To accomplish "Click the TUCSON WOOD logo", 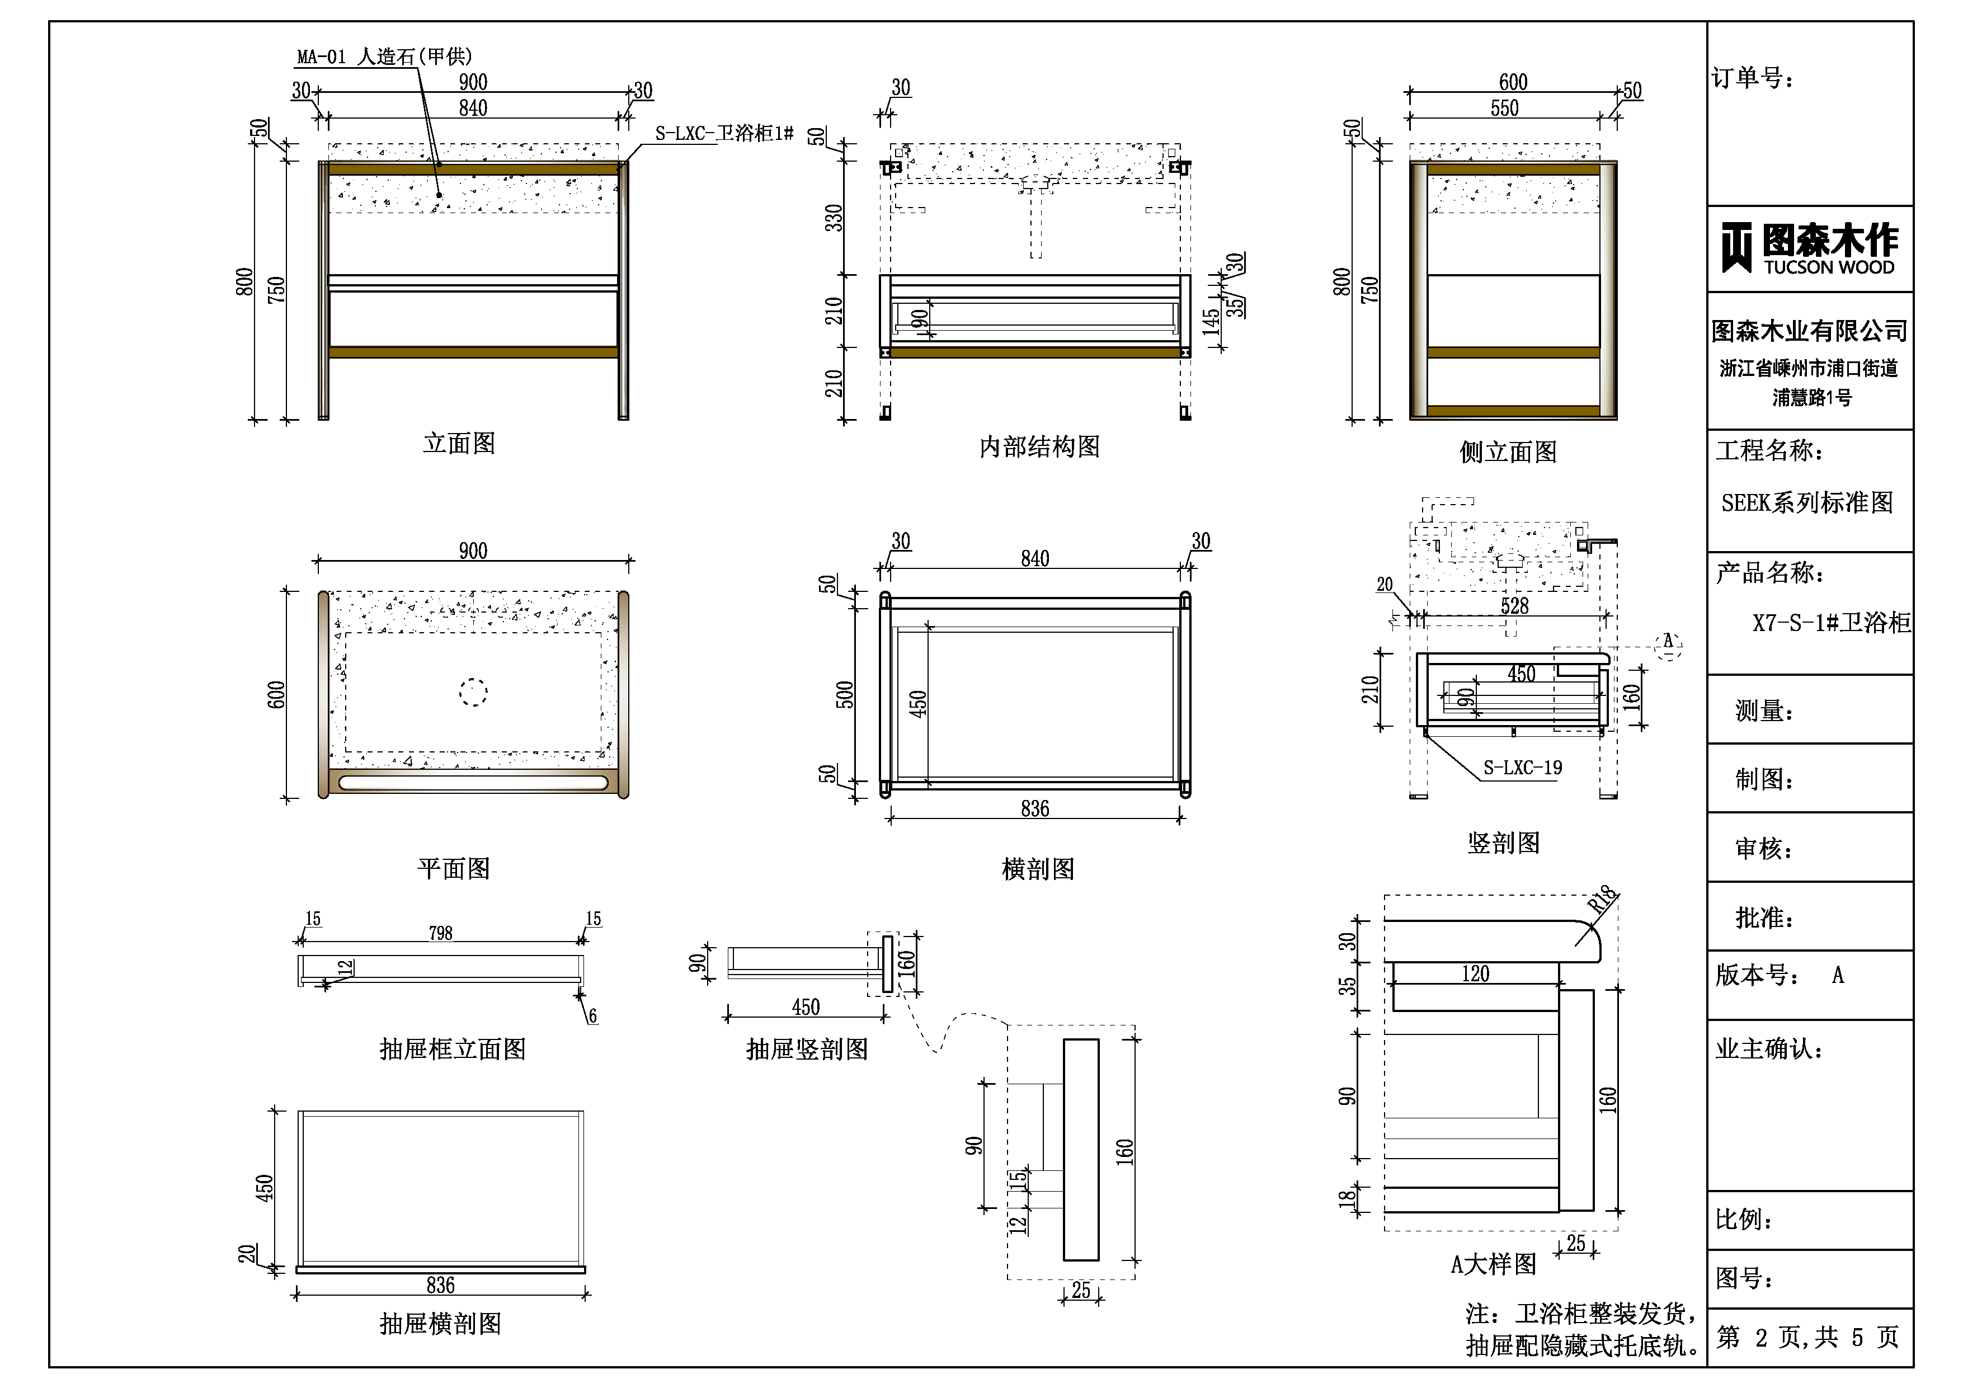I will (x=1809, y=248).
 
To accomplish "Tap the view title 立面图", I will (x=459, y=443).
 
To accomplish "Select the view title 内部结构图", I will (x=1039, y=446).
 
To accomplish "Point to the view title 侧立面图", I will (x=1508, y=451).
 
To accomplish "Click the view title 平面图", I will (x=454, y=869).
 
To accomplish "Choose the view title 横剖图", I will (x=1038, y=869).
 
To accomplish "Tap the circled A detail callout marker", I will (x=1667, y=645).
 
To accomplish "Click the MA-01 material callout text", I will (x=384, y=57).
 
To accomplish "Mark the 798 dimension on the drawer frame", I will (x=440, y=933).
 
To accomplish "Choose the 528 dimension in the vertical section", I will (x=1514, y=605).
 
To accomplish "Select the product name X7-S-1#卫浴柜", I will (x=1830, y=623).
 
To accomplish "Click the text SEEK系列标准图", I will (x=1806, y=503).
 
